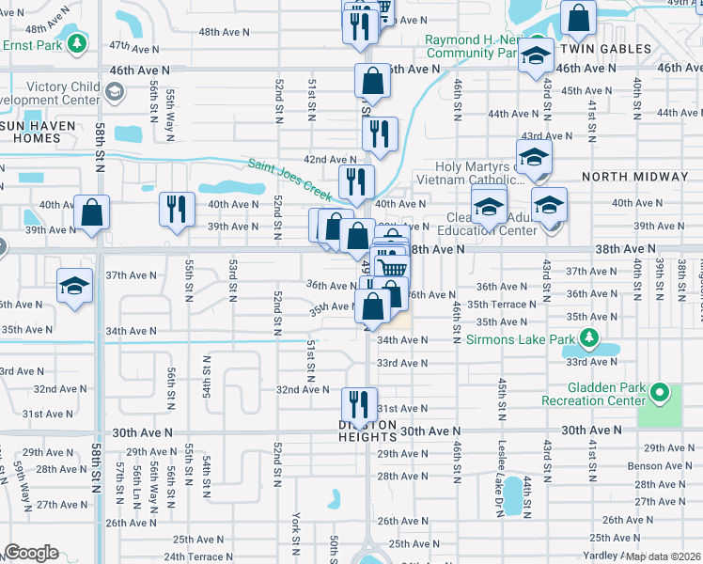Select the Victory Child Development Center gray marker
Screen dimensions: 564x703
tap(115, 92)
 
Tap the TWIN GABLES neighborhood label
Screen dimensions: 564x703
tap(605, 48)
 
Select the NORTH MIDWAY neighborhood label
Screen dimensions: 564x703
tap(635, 177)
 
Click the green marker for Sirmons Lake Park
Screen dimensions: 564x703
tap(589, 337)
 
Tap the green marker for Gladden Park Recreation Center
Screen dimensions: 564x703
tap(661, 392)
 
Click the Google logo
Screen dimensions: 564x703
tap(31, 553)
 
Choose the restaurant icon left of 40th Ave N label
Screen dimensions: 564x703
tap(177, 209)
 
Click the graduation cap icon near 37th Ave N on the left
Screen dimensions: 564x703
tap(75, 286)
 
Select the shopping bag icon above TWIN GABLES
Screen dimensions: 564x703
tap(578, 17)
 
